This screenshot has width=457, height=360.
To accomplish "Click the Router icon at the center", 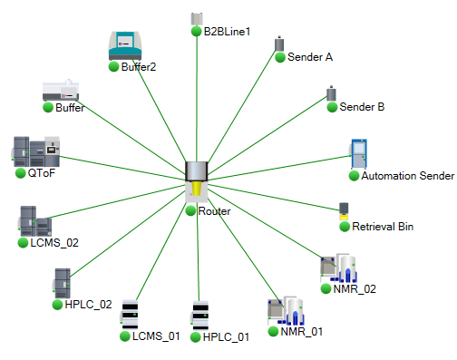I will pos(197,182).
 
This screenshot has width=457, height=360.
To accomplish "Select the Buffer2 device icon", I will pos(125,44).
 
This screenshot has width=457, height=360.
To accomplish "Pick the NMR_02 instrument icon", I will pos(336,268).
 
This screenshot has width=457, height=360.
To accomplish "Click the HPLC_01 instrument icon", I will pos(200,315).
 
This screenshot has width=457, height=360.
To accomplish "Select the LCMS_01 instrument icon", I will pos(131,315).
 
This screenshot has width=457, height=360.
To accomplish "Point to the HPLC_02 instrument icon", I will pos(62,282).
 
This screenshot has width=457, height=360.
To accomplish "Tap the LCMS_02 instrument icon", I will pos(35,221).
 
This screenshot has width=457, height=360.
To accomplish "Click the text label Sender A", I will pos(310,56).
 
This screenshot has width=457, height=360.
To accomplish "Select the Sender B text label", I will pos(362,107).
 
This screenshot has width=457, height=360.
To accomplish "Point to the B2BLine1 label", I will pos(227,32).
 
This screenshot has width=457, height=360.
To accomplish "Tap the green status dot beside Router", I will pos(190,211).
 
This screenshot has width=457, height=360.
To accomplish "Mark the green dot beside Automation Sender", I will pos(355,176).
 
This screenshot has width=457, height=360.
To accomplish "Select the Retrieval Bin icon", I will pos(344,210).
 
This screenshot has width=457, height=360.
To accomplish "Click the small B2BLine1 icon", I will pos(196,18).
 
